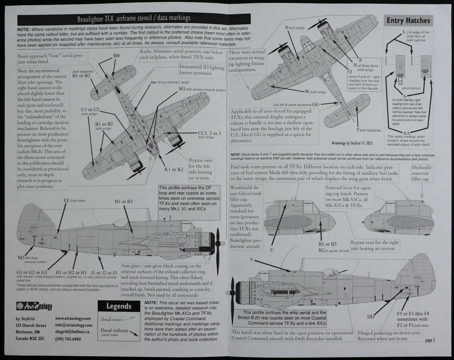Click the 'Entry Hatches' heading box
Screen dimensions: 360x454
tap(408, 20)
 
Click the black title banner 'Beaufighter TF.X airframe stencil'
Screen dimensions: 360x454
tap(134, 19)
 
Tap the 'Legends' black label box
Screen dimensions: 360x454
tap(119, 306)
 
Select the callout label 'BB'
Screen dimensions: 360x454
tap(116, 56)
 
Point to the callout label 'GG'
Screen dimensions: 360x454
tap(316, 104)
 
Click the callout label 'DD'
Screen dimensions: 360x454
tap(371, 317)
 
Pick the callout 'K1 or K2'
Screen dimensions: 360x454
tap(174, 170)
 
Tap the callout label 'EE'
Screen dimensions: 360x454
tap(67, 200)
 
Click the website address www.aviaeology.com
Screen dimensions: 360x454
tap(73, 319)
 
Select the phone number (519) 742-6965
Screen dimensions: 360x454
tap(68, 339)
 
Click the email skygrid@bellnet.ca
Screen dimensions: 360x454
tap(72, 332)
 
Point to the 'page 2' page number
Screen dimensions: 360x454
tap(430, 340)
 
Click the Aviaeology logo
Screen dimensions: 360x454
tap(34, 306)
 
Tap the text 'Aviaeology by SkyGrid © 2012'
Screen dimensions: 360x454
tap(352, 143)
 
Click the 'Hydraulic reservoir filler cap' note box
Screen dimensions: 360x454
tap(422, 173)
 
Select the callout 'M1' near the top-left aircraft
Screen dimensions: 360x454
tap(182, 89)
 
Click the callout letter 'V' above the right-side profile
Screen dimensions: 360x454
tap(252, 260)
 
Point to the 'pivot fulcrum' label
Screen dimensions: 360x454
tap(411, 88)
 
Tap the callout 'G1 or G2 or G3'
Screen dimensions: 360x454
tap(32, 272)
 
